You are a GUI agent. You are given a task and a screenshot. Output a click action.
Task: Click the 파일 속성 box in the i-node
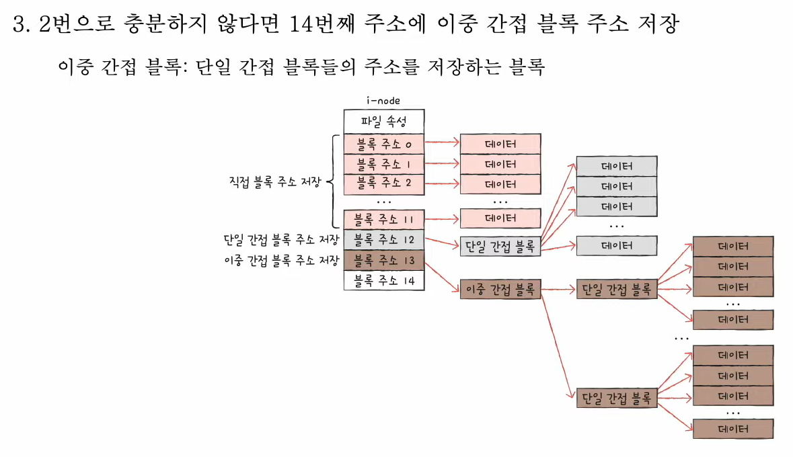point(384,122)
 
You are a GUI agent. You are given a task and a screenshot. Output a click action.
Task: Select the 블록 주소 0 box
point(384,143)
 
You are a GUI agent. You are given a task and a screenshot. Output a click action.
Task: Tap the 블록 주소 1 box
point(384,163)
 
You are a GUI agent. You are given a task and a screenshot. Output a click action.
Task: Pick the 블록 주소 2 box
point(384,183)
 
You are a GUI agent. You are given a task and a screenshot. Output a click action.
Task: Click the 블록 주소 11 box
point(384,219)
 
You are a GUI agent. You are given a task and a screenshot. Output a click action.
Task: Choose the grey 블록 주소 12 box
point(384,239)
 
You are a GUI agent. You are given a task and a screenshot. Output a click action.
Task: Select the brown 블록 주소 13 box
point(384,259)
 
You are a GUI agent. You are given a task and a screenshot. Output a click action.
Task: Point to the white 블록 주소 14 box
point(384,280)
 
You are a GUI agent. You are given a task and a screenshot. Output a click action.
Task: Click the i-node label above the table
point(384,101)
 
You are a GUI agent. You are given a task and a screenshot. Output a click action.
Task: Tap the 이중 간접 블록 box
point(500,290)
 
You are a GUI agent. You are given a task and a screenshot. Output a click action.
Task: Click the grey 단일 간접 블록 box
point(500,246)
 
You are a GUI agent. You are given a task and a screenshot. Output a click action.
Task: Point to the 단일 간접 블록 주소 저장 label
point(280,239)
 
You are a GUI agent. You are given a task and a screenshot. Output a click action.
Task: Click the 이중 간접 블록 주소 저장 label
point(280,260)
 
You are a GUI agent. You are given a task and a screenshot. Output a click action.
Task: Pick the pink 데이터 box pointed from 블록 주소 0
point(500,143)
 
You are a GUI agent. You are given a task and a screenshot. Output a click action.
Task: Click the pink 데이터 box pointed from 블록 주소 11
point(500,218)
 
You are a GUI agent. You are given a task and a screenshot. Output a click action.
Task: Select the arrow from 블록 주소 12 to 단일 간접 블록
point(442,243)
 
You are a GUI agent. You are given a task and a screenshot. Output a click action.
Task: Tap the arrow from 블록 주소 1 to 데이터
point(442,163)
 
